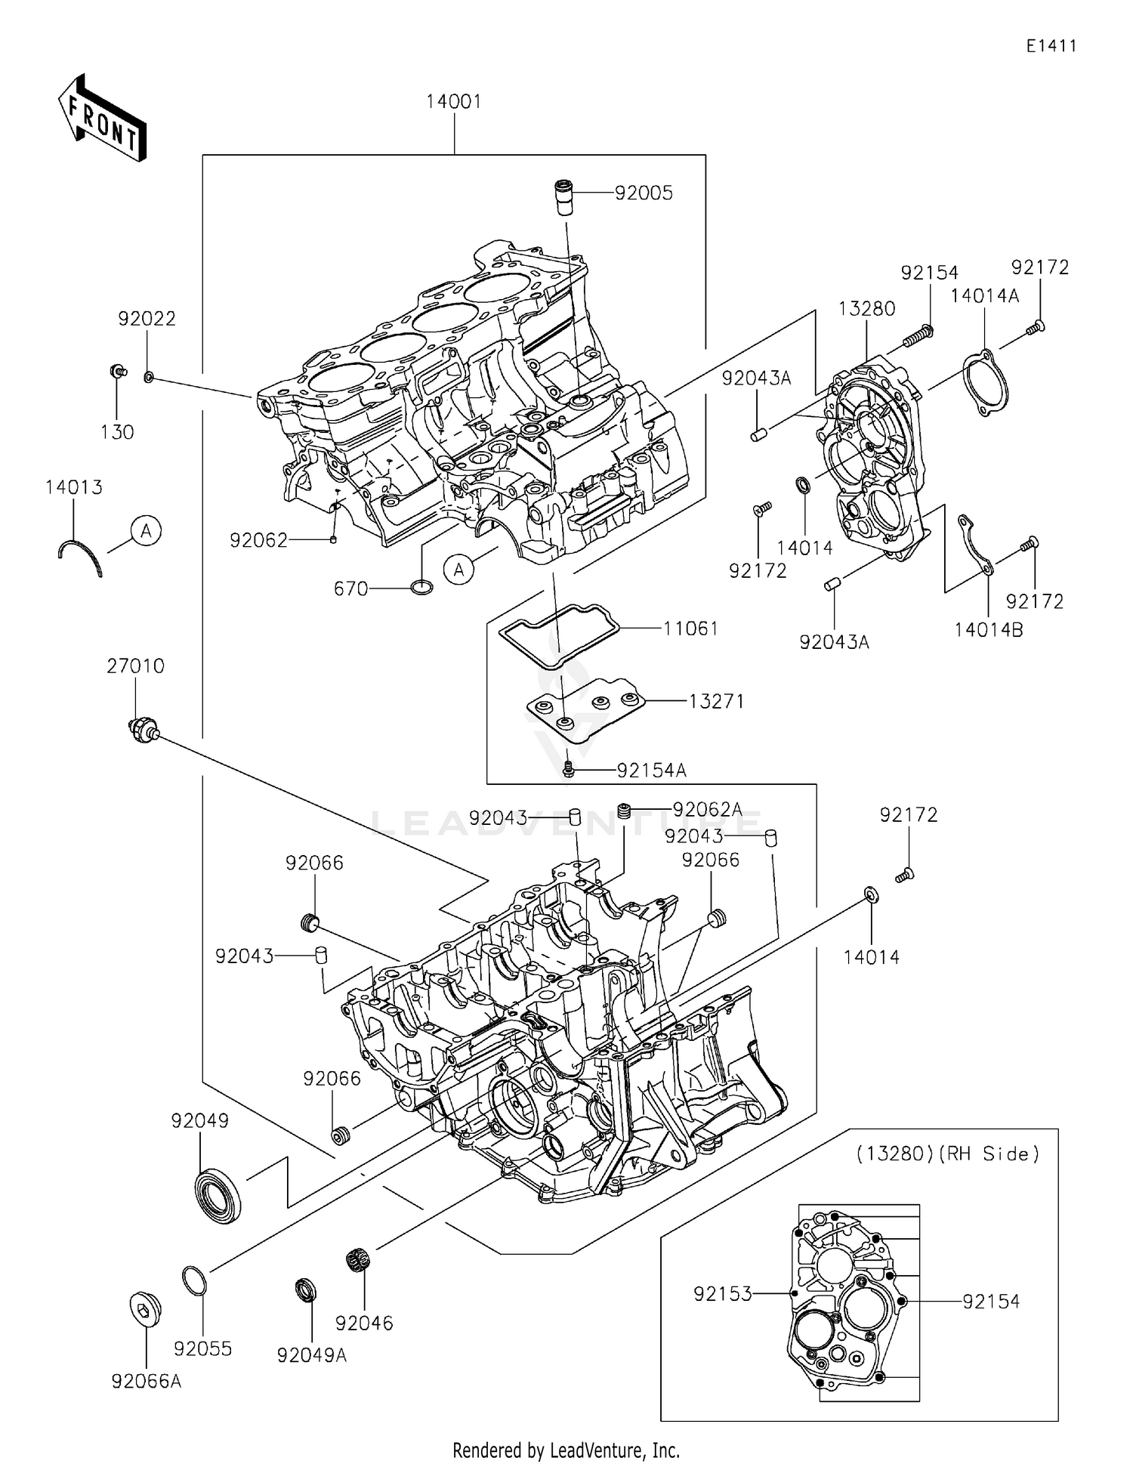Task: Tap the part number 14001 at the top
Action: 453,101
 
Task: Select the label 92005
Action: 644,193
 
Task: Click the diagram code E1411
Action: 1051,46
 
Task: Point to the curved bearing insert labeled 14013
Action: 80,557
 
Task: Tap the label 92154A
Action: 651,771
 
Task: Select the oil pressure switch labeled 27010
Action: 141,730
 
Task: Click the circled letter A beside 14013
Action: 146,531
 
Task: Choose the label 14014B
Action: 988,629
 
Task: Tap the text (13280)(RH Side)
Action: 948,1154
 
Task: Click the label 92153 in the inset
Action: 723,1294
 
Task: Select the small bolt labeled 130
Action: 117,372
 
